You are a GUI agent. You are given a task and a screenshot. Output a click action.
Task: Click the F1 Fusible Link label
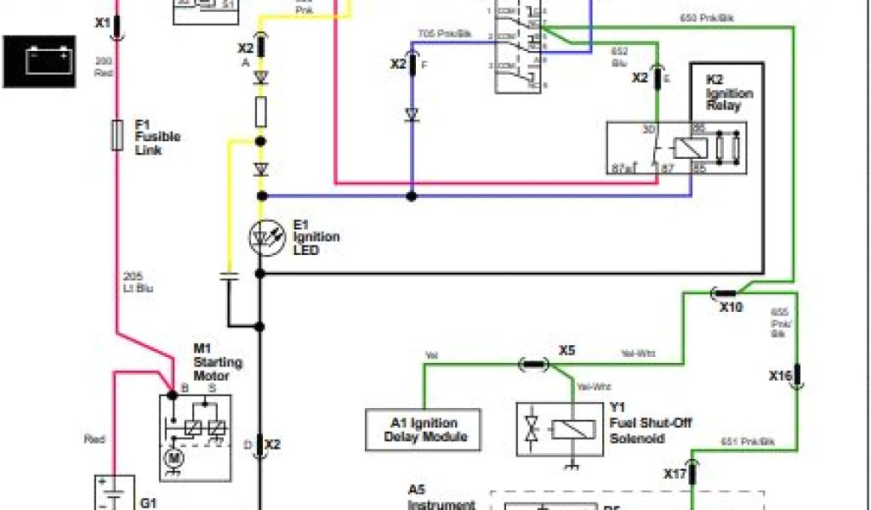[x=157, y=137]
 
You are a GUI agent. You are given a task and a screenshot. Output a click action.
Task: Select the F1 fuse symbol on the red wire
[x=117, y=135]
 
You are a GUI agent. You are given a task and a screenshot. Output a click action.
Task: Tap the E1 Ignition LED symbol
[x=261, y=237]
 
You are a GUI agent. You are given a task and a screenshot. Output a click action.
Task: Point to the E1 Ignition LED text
[x=316, y=237]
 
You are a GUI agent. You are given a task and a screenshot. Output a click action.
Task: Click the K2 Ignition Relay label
[x=729, y=93]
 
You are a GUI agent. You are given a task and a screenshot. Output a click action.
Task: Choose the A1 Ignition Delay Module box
[x=422, y=429]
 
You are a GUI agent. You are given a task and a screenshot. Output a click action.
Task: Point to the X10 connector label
[x=731, y=308]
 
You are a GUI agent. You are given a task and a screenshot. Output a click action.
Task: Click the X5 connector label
[x=567, y=349]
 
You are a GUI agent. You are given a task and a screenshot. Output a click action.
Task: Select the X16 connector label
[x=780, y=375]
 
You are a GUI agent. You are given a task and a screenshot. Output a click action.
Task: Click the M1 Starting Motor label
[x=218, y=362]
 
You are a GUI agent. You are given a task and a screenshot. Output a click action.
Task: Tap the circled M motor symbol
[x=174, y=457]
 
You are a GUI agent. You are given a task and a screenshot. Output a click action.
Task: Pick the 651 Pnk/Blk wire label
[x=749, y=442]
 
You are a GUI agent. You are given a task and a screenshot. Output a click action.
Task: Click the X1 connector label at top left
[x=102, y=23]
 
